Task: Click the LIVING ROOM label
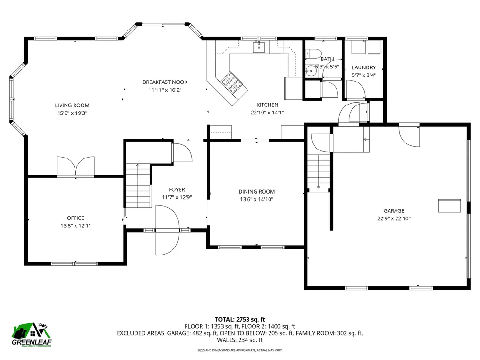tap(72, 105)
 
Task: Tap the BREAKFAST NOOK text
tap(161, 82)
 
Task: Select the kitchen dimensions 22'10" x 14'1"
tap(267, 112)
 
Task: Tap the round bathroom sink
tap(310, 71)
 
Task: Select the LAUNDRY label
tap(364, 68)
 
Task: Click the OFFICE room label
tap(75, 218)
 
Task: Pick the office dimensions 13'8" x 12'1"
tap(75, 225)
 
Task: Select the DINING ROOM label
tap(256, 192)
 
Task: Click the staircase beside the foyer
tap(138, 185)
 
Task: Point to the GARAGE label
tap(394, 211)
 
